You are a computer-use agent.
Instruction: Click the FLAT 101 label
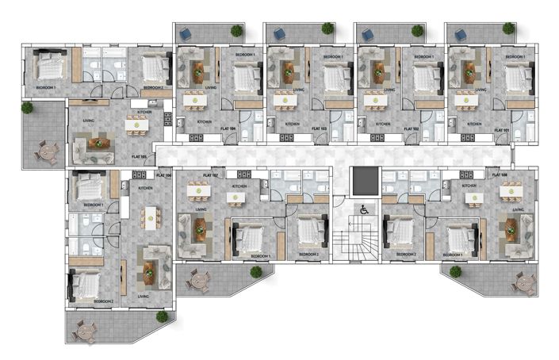500,128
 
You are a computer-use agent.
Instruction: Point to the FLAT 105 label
141,157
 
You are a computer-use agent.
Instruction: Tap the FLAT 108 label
500,174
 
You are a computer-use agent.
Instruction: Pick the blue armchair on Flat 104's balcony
186,33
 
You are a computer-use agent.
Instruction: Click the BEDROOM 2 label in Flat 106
104,302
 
